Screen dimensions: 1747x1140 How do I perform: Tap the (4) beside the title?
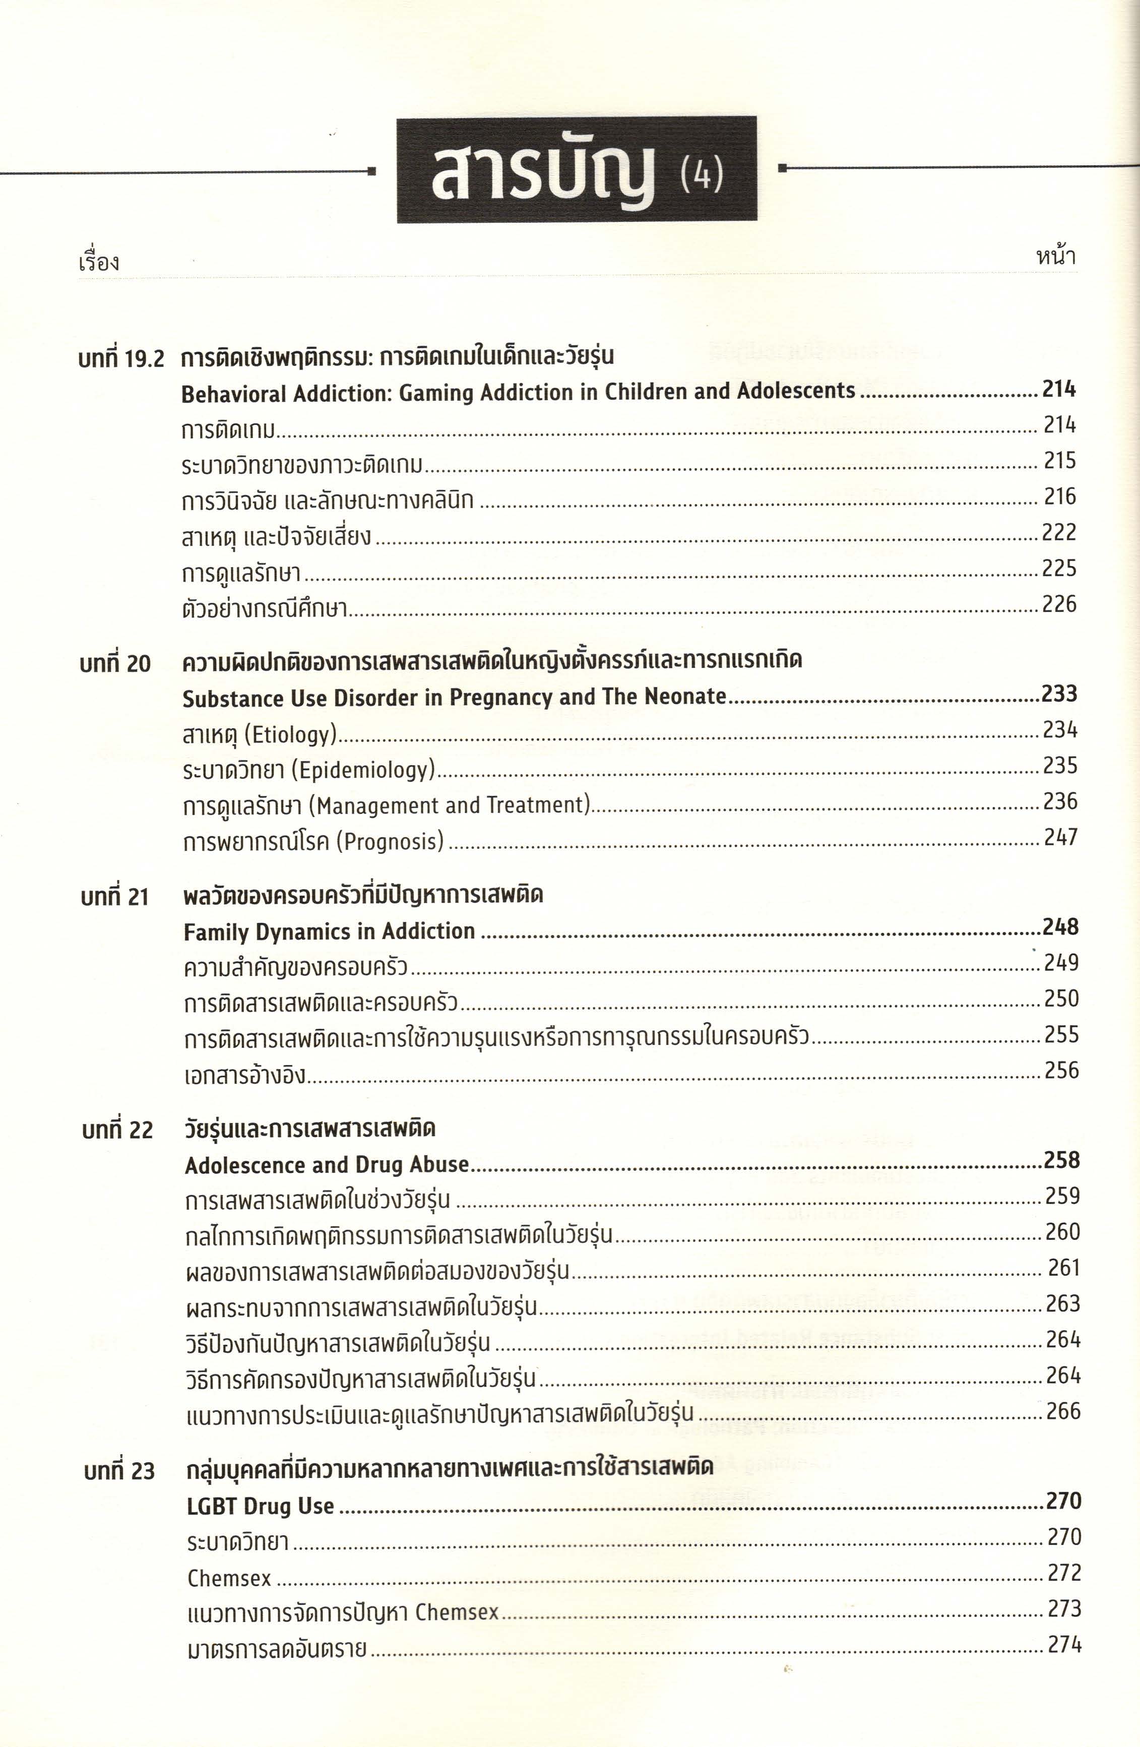(x=702, y=175)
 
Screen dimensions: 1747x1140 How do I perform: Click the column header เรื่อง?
(x=98, y=262)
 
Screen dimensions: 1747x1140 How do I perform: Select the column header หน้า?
(x=1055, y=257)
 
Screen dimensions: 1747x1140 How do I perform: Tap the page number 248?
(x=1060, y=927)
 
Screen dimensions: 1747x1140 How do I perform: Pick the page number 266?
(x=1063, y=1410)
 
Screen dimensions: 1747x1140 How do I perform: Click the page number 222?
(x=1058, y=532)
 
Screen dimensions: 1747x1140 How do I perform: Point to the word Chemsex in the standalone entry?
(x=229, y=1578)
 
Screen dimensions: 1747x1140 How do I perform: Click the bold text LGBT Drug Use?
(x=261, y=1506)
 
